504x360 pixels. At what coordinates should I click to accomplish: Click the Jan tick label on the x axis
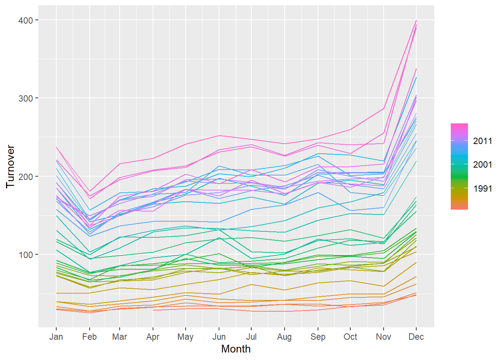point(56,337)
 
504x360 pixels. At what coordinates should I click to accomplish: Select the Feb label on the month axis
point(89,337)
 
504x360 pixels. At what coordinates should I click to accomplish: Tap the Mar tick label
point(120,337)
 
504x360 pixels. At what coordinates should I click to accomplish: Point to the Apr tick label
point(153,337)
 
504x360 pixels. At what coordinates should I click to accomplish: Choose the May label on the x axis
point(186,337)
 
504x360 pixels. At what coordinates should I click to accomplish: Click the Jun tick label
point(219,337)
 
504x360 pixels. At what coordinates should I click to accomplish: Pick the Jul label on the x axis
point(251,337)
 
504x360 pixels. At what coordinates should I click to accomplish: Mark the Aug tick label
point(284,337)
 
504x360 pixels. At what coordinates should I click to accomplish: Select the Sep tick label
point(318,337)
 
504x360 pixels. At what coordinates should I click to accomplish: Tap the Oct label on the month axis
point(350,337)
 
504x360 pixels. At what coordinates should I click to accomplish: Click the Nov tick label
point(383,337)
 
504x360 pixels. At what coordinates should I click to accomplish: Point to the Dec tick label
point(416,337)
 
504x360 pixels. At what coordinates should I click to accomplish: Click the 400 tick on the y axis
point(25,20)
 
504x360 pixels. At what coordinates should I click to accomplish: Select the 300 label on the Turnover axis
point(25,98)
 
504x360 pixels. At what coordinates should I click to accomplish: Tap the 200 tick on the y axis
point(25,176)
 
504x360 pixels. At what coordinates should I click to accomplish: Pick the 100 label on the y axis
point(25,255)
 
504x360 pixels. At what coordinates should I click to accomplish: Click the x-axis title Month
point(236,349)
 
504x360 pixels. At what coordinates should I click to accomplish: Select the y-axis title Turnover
point(10,166)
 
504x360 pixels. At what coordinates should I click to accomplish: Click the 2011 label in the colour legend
point(483,141)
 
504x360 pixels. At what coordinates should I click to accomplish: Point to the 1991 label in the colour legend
point(483,189)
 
